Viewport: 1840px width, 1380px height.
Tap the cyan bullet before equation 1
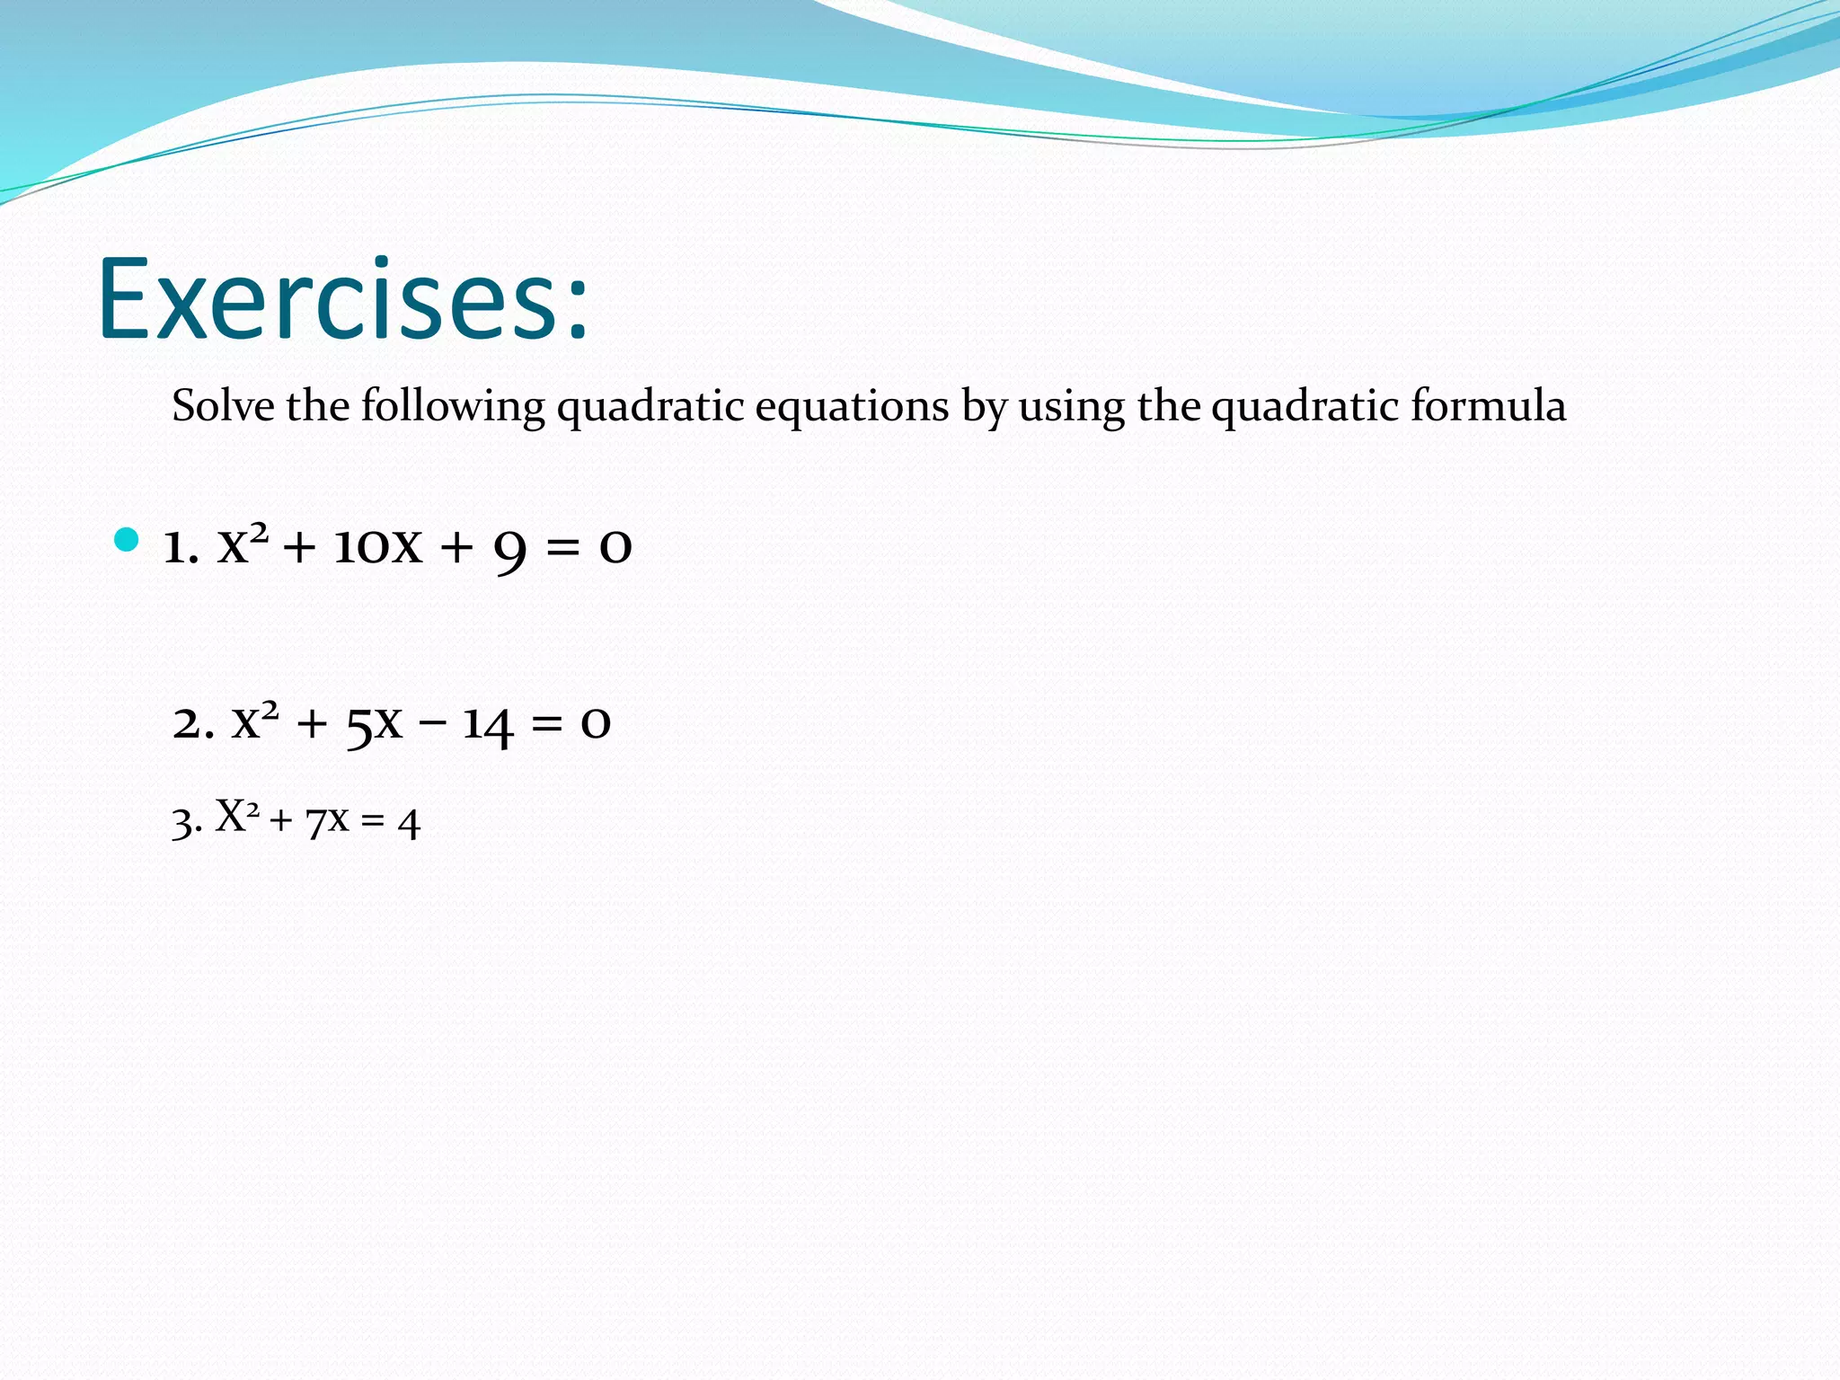click(127, 540)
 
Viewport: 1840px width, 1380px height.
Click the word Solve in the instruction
click(223, 406)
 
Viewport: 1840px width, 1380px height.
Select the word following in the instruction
click(453, 406)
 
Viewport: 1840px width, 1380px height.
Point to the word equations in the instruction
click(851, 406)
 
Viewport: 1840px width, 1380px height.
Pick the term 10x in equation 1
click(377, 545)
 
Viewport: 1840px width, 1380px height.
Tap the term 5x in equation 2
click(374, 723)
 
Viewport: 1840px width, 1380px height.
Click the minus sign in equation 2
click(432, 721)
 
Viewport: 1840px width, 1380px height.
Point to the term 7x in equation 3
click(326, 821)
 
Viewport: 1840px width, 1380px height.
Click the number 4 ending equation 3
click(409, 823)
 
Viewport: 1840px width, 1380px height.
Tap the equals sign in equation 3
click(373, 821)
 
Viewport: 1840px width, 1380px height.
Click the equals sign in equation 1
click(563, 546)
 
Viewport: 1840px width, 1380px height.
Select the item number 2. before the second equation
click(192, 723)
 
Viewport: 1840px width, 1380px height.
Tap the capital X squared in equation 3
click(237, 816)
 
